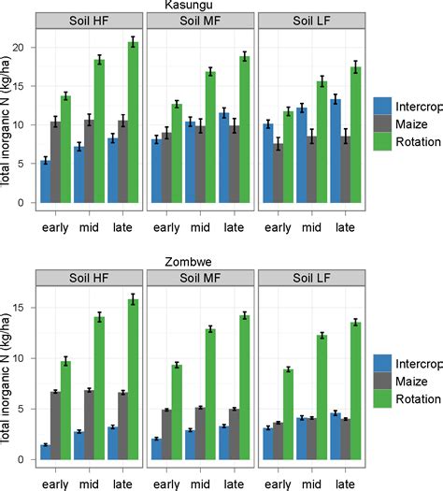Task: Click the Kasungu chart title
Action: click(x=194, y=6)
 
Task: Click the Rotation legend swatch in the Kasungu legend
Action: click(x=383, y=143)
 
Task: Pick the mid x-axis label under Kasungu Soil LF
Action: click(x=309, y=225)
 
